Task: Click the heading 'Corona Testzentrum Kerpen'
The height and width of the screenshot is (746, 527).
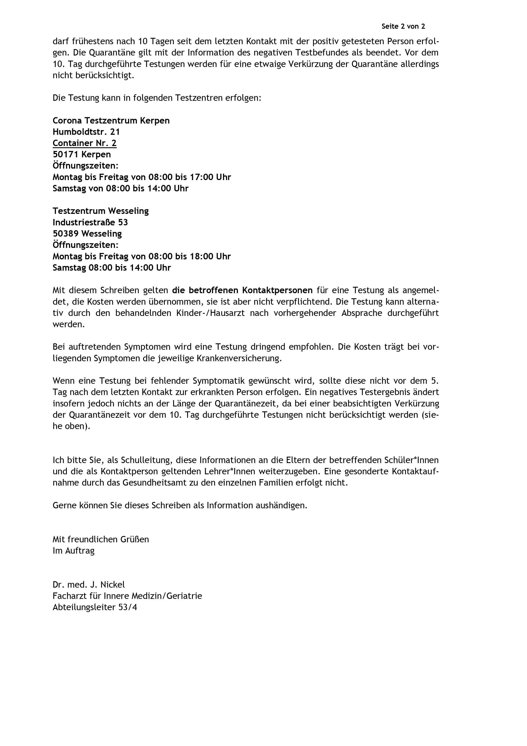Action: pos(111,121)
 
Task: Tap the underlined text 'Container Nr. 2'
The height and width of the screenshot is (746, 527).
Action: pos(84,143)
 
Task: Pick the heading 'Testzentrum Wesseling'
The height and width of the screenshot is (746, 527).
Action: pos(101,211)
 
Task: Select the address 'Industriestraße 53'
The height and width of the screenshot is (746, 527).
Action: pos(90,222)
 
